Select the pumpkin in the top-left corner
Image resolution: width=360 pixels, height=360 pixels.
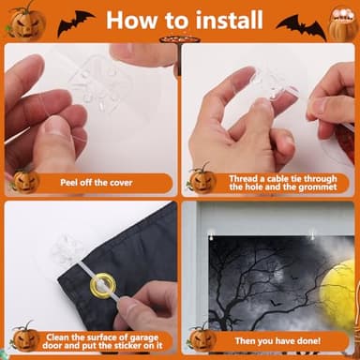25,19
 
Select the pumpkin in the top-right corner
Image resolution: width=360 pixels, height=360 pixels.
343,21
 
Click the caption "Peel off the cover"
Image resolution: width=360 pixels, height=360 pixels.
96,182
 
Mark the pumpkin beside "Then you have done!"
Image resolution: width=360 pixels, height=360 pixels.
201,337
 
